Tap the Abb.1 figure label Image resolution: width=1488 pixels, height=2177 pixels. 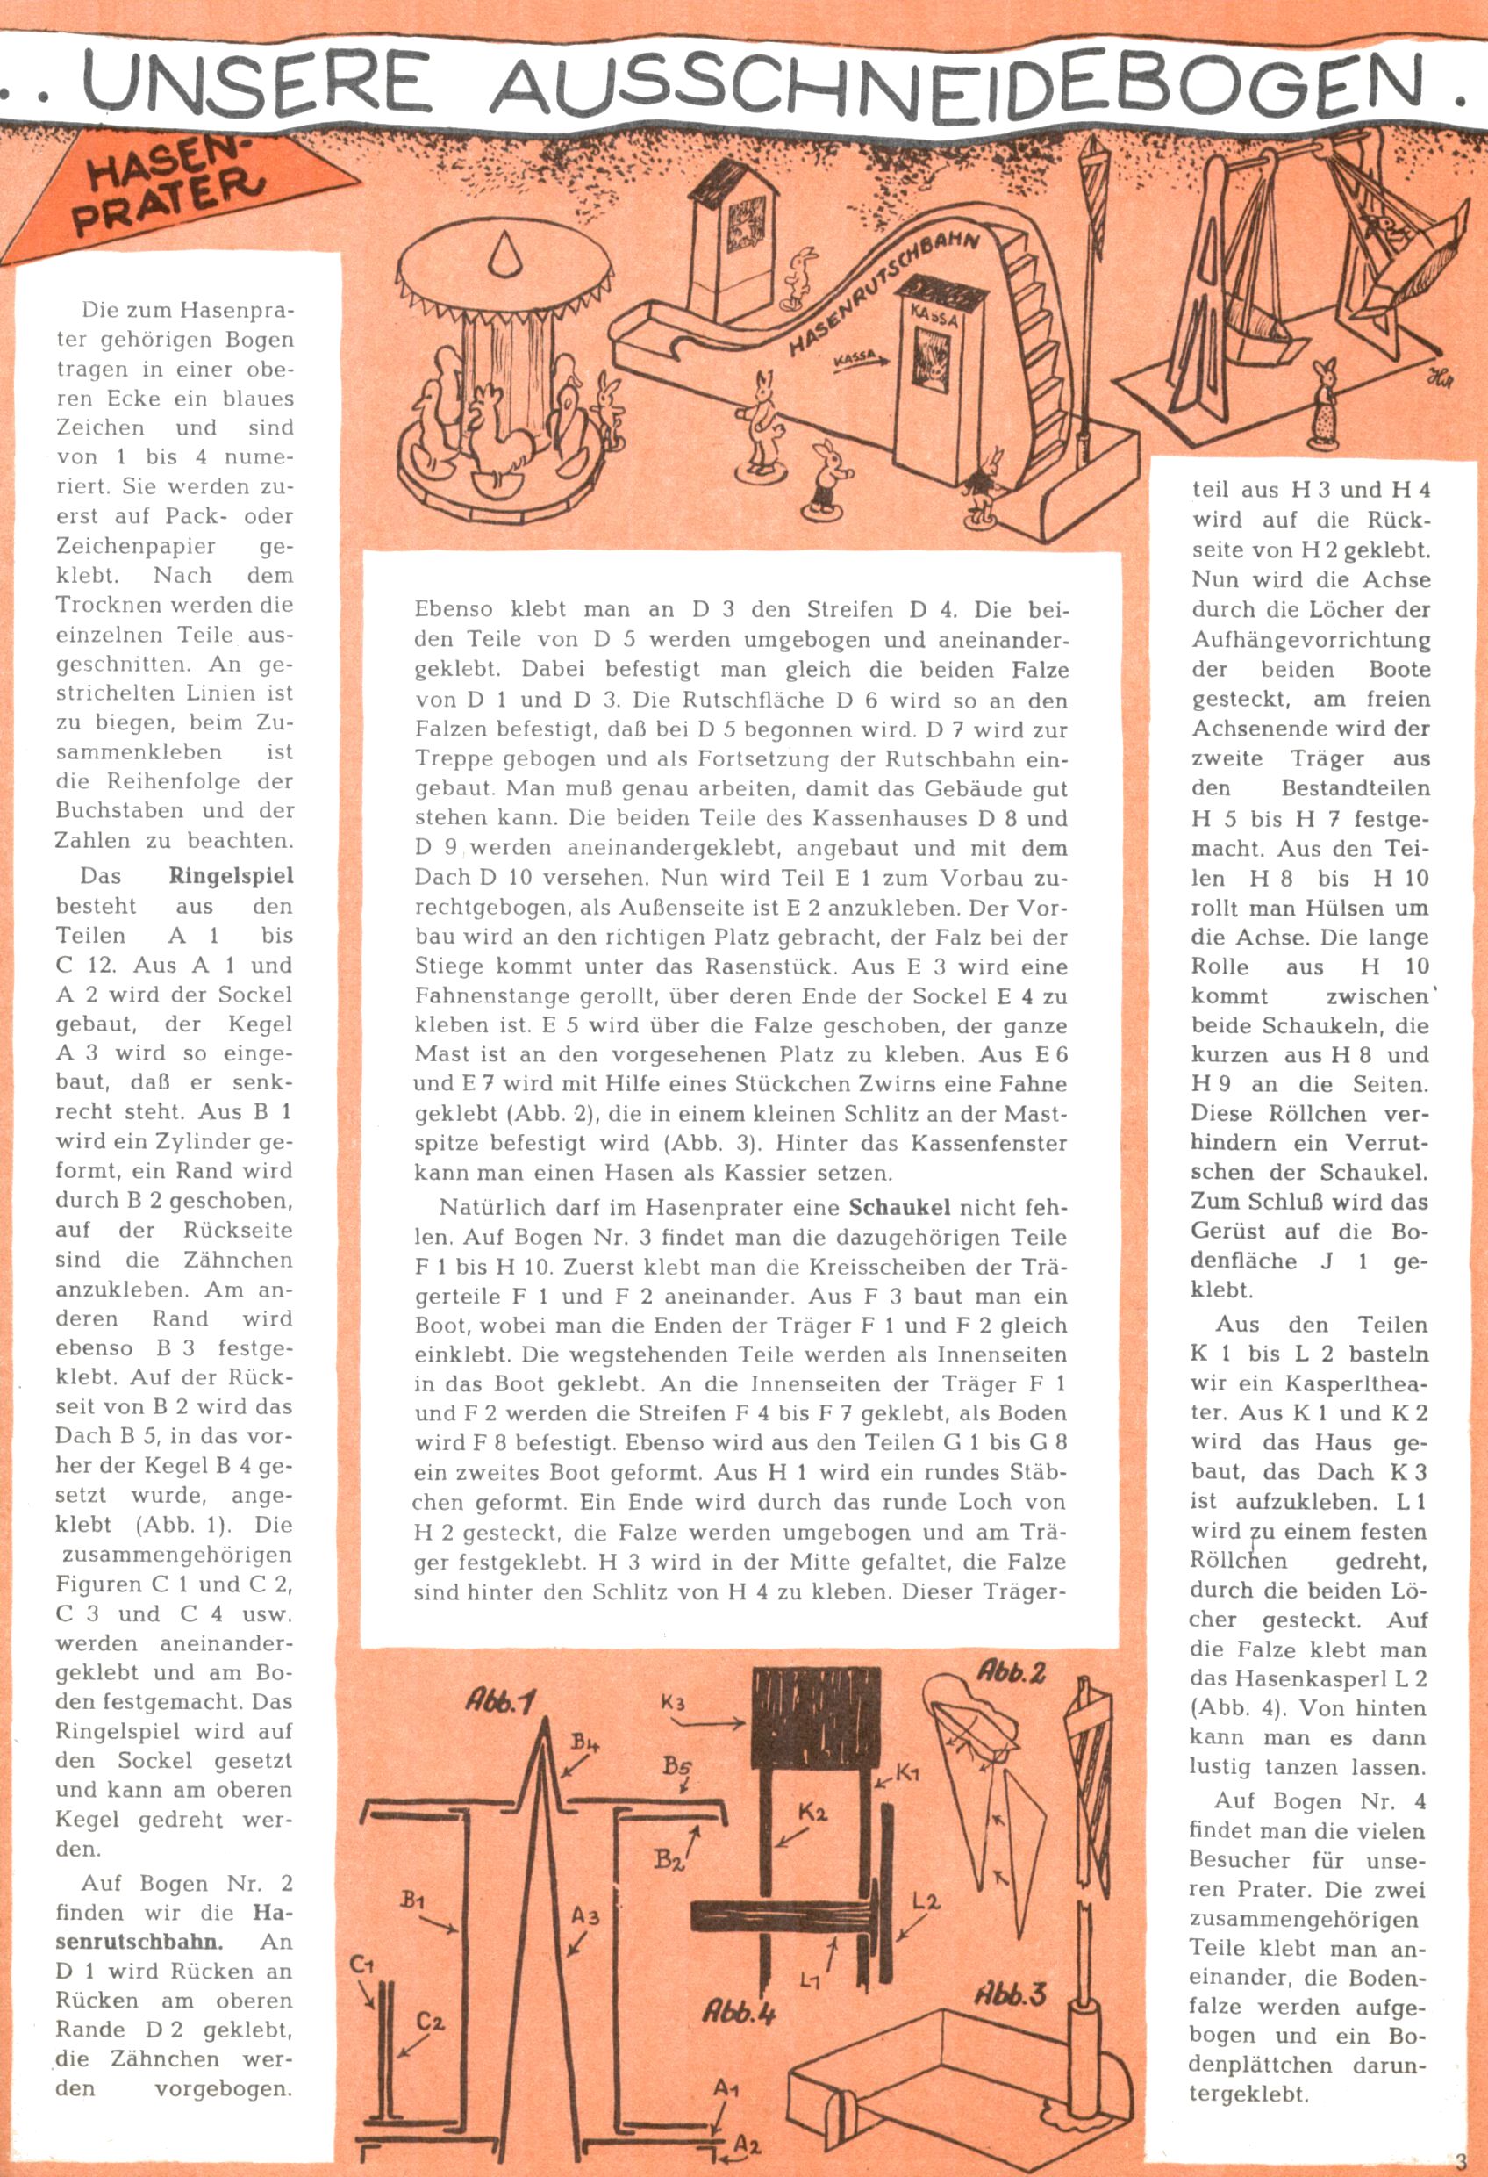[499, 1701]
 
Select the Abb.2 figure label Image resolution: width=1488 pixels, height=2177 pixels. [1012, 1671]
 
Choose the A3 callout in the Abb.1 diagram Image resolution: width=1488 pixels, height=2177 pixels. [585, 1916]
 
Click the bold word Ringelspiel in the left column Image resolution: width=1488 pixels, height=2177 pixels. [231, 877]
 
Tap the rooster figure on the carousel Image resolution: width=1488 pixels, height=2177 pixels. [497, 435]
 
